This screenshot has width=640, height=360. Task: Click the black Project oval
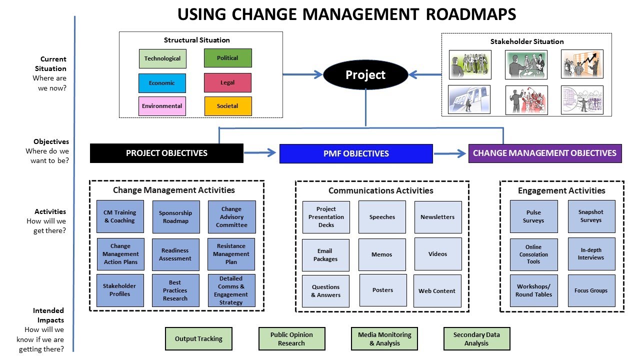click(365, 75)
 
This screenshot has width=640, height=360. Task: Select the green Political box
click(227, 58)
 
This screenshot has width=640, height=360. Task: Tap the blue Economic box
click(162, 83)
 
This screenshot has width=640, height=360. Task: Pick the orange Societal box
click(227, 106)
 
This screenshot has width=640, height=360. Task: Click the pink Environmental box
click(162, 106)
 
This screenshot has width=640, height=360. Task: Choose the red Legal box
click(227, 82)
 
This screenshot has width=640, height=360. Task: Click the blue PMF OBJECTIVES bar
click(356, 153)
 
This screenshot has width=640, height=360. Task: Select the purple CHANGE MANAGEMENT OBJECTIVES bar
click(545, 153)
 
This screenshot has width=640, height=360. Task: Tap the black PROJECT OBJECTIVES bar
click(166, 153)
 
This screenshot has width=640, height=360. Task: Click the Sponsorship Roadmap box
click(175, 217)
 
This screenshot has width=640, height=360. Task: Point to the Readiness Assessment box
click(175, 254)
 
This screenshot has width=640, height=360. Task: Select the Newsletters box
click(437, 217)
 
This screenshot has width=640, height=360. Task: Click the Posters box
click(383, 290)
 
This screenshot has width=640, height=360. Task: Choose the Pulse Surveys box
click(533, 216)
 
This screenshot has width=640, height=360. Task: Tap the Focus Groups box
click(591, 290)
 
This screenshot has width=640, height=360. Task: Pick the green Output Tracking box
click(198, 339)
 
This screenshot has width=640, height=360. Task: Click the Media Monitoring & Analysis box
click(384, 339)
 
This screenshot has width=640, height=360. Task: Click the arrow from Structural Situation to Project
click(302, 75)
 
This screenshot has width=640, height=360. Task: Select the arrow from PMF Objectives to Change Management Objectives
click(450, 153)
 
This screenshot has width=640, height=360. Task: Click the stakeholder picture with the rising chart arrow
click(582, 64)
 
